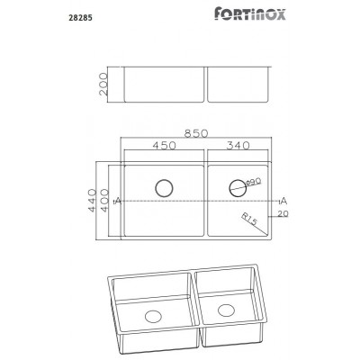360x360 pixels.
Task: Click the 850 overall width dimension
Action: (x=197, y=134)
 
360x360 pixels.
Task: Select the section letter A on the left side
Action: (x=118, y=200)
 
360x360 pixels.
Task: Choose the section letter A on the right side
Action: (x=283, y=199)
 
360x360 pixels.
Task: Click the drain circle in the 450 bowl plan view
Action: (x=164, y=188)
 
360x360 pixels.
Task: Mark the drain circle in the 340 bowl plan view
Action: (x=238, y=188)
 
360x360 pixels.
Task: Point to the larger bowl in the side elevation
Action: (x=163, y=85)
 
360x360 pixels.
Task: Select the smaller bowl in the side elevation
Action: (x=239, y=85)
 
